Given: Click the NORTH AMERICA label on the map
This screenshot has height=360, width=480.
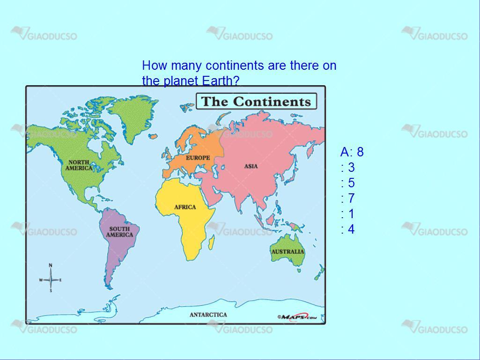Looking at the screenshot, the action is [x=79, y=165].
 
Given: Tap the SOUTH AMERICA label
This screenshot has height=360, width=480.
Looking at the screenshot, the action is [x=119, y=232].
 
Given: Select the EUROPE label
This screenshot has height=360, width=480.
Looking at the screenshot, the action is [x=198, y=158].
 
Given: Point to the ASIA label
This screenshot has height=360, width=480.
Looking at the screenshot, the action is [x=251, y=166].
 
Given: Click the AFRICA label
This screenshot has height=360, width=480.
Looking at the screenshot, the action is [x=185, y=207].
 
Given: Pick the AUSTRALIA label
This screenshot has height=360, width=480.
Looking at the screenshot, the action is [x=288, y=252].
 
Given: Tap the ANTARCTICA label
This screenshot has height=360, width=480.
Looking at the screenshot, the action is [x=208, y=315].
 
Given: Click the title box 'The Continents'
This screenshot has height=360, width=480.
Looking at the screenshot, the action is [x=256, y=101].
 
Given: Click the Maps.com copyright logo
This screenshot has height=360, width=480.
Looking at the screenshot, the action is [x=296, y=317].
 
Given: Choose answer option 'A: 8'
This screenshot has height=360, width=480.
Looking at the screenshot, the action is [x=352, y=152].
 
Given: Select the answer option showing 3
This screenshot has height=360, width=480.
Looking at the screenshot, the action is [x=348, y=168].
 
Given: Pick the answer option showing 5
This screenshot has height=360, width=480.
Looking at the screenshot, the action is [x=348, y=183].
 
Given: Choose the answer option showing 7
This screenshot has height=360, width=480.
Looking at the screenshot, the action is [x=348, y=198].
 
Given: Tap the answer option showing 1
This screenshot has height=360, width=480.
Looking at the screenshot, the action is [x=348, y=213].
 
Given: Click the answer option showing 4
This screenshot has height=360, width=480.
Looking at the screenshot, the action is [x=348, y=229].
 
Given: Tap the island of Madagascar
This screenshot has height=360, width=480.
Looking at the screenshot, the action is [x=212, y=242].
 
